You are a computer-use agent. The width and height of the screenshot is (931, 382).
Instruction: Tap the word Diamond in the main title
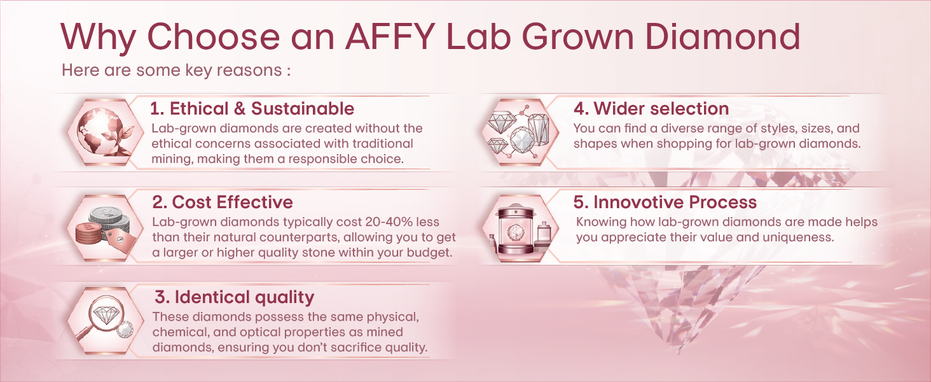[723, 37]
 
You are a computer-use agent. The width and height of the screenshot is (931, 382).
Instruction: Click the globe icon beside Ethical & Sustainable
[106, 132]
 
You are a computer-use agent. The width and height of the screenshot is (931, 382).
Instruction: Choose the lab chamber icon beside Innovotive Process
[520, 229]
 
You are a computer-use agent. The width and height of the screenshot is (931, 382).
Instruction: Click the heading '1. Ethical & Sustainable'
[252, 109]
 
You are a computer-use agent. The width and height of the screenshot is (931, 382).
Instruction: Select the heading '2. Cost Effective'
[223, 202]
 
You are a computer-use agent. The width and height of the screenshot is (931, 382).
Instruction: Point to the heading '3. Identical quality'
[235, 297]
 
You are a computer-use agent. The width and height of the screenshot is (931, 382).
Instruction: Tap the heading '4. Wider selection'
[651, 109]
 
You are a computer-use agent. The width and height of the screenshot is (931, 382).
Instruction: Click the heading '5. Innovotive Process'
[665, 202]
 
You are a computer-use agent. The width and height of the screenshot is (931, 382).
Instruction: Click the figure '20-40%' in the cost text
[389, 222]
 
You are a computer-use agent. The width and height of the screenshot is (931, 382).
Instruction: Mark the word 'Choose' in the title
[214, 37]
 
